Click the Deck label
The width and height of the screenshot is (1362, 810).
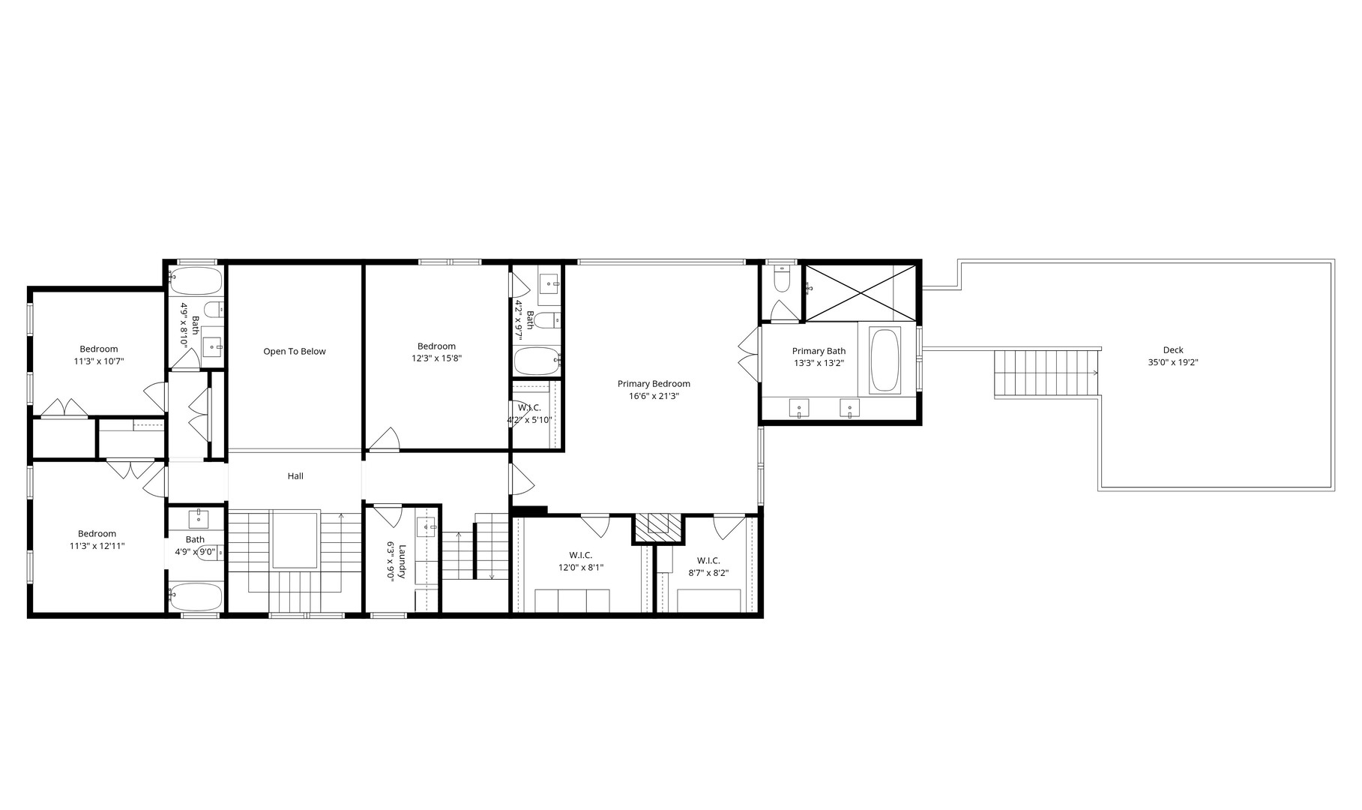(1172, 350)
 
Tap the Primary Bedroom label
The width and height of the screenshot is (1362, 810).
(654, 384)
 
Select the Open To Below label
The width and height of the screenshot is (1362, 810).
(295, 352)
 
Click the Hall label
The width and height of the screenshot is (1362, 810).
(295, 476)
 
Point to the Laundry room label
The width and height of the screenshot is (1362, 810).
(402, 561)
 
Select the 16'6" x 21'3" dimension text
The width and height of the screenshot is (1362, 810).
(654, 397)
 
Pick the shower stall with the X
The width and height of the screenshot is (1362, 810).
(860, 292)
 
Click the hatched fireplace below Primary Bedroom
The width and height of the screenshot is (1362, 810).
(658, 527)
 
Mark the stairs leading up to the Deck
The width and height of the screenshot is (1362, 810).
(1046, 373)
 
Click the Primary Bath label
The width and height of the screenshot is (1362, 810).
(819, 351)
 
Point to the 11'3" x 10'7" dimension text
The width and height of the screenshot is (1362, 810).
(98, 361)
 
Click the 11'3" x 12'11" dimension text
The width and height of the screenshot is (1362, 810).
(97, 547)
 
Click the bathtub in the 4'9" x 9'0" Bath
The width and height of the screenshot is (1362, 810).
(196, 597)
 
